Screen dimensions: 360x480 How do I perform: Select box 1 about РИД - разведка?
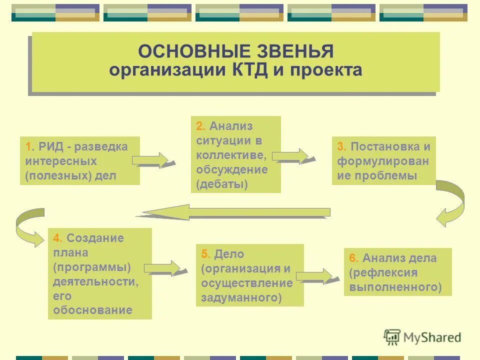(x=79, y=161)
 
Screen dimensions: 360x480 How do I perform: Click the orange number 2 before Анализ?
(x=199, y=126)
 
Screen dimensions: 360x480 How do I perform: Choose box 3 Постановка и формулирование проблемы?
(x=383, y=161)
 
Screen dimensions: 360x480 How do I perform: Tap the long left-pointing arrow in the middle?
(x=235, y=212)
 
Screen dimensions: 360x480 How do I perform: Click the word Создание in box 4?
(x=95, y=238)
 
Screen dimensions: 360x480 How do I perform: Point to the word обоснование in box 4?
(x=92, y=310)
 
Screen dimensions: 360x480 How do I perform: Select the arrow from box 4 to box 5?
(x=163, y=268)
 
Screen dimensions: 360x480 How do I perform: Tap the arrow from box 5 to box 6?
(x=315, y=276)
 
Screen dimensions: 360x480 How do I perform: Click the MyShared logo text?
(x=430, y=337)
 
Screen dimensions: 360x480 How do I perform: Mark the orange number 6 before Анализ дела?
(x=352, y=258)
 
